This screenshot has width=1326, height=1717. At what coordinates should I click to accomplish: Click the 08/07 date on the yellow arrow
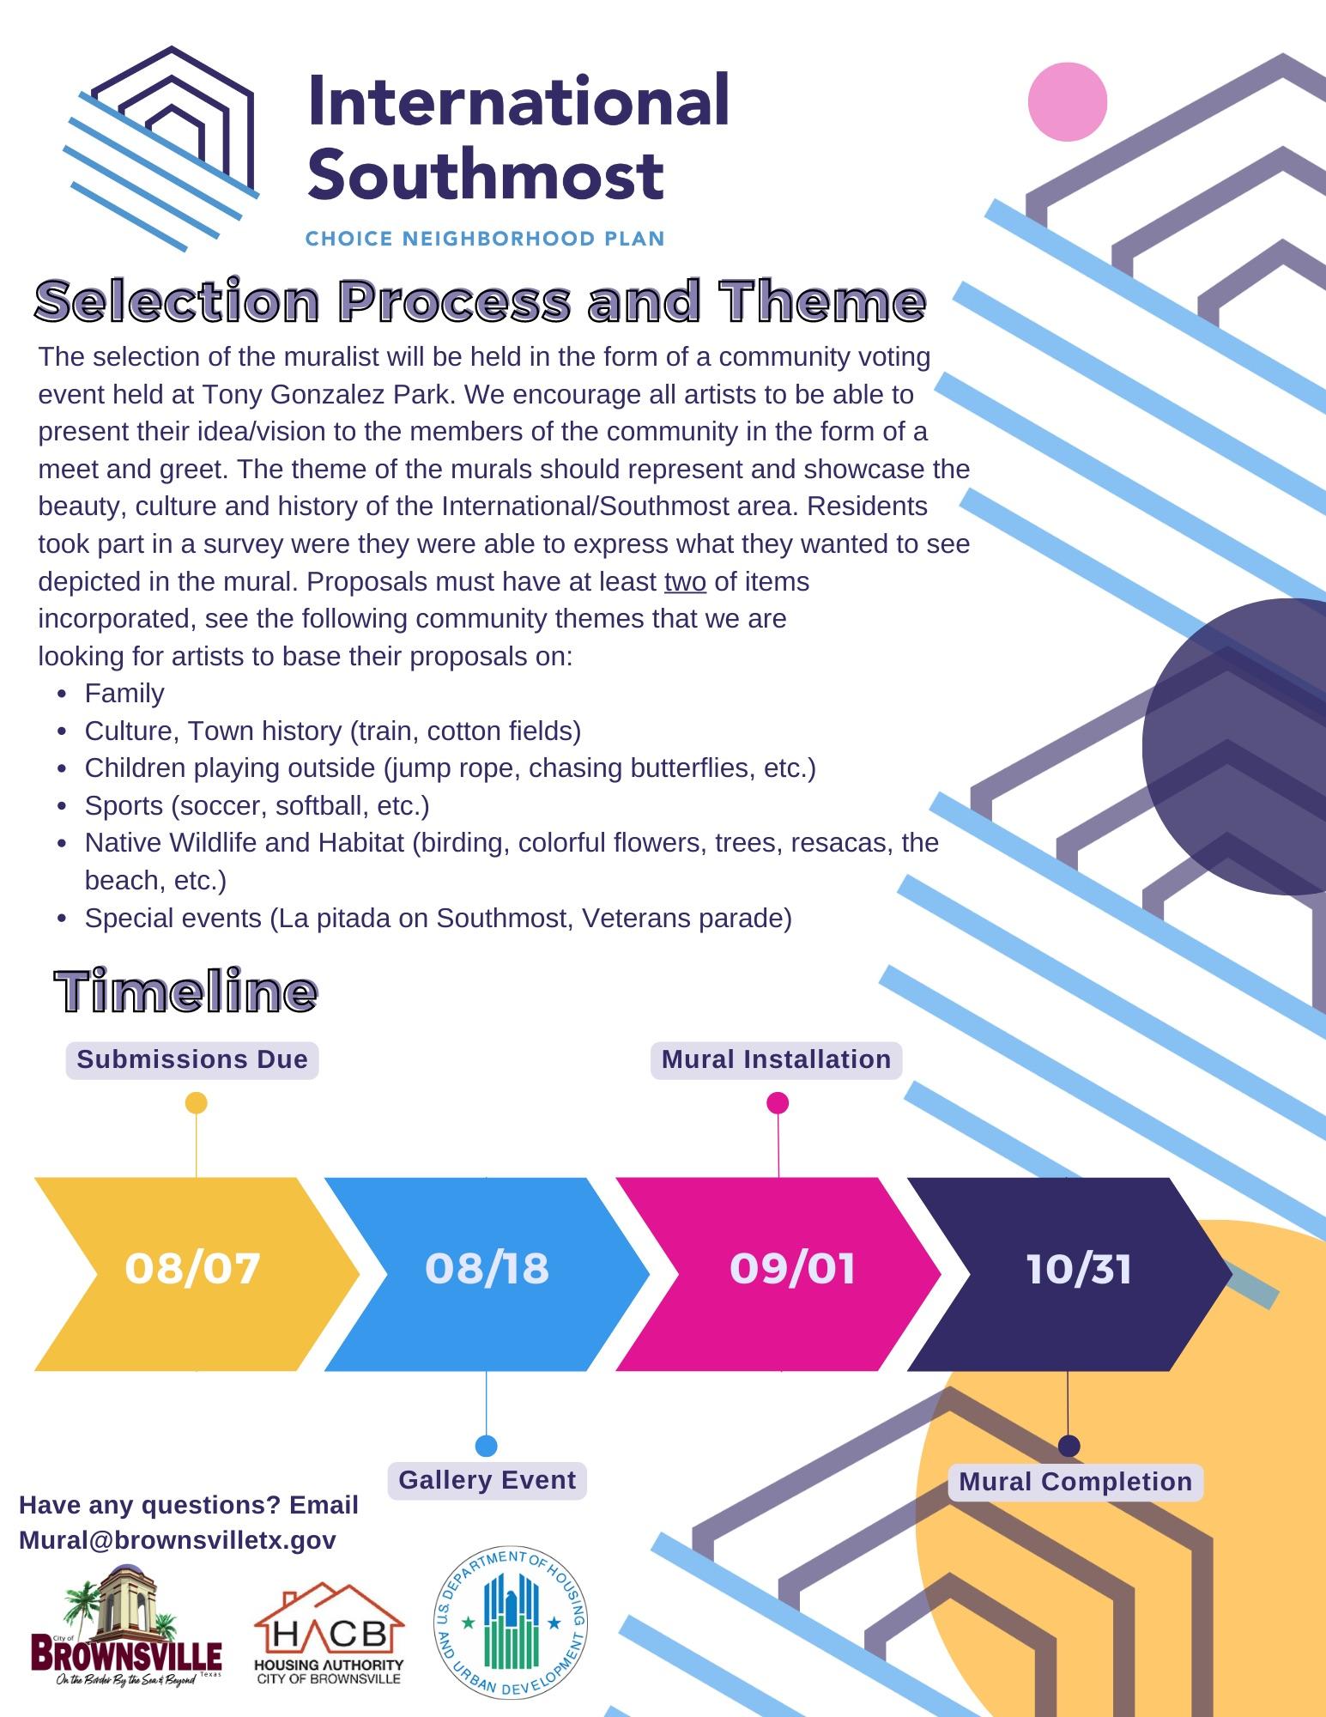coord(192,1268)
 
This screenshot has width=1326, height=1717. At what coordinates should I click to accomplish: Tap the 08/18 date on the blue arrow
coord(487,1268)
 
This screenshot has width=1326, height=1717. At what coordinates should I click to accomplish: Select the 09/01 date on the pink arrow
coord(792,1268)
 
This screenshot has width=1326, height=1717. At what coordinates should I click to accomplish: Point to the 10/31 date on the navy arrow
coord(1079,1268)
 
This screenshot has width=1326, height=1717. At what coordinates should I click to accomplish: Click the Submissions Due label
coord(192,1059)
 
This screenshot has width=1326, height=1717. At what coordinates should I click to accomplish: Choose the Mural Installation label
coord(776,1059)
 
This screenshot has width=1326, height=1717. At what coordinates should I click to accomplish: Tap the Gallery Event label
coord(487,1480)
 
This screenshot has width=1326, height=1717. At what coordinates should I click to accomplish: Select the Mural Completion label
coord(1075,1482)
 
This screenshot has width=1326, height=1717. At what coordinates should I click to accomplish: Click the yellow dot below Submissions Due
coord(197,1103)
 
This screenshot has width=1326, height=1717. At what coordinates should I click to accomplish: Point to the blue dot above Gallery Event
coord(486,1446)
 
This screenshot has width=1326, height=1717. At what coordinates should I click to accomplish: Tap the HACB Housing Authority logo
coord(329,1635)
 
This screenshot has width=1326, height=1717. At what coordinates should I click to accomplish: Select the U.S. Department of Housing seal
coord(511,1623)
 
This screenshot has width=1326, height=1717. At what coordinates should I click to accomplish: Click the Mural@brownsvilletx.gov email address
coord(178,1540)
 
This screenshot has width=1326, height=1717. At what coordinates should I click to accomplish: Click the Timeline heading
coord(186,992)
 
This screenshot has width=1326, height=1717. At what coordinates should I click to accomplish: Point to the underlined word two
coord(685,582)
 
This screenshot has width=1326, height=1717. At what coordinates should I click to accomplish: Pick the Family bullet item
coord(124,693)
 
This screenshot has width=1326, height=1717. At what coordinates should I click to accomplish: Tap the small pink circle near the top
coord(1068,102)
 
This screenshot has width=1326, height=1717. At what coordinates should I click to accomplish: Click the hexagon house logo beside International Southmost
coord(161,146)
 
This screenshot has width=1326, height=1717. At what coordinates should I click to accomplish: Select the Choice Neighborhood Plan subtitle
coord(485,239)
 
